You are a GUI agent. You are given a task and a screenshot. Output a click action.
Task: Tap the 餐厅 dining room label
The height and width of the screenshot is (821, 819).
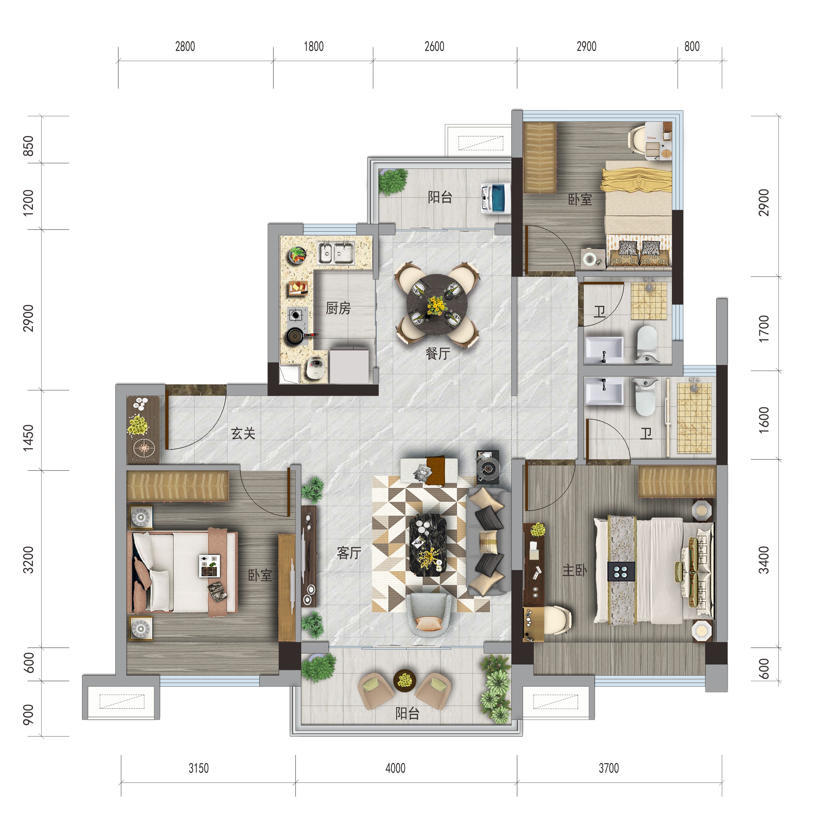(x=438, y=353)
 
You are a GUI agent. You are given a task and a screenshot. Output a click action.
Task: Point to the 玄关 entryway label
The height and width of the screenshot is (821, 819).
(x=243, y=433)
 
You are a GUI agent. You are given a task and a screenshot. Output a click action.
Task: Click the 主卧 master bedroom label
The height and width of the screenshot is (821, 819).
(x=575, y=570)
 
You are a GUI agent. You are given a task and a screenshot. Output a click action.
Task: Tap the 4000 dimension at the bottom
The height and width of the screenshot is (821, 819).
(x=395, y=768)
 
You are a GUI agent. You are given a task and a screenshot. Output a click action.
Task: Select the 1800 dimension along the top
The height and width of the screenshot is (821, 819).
(x=314, y=46)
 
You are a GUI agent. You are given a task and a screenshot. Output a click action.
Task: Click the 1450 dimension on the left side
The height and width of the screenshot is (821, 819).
(x=28, y=438)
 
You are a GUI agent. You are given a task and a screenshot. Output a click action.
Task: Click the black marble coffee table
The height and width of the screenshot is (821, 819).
(x=428, y=545)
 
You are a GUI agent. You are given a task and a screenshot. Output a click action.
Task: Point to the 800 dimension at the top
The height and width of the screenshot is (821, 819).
(x=692, y=46)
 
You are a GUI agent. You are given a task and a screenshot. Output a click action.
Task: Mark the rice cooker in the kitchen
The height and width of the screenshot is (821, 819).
(x=316, y=368)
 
